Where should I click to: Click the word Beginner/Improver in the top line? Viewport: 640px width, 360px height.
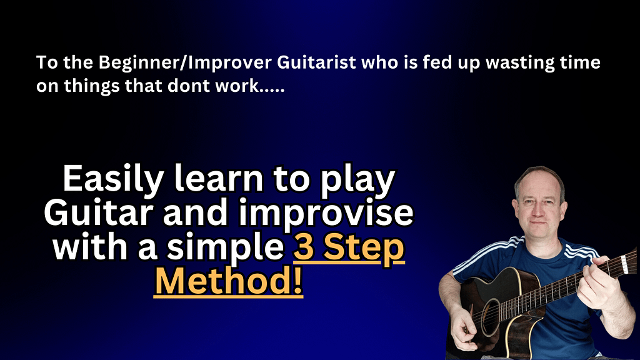[x=185, y=63]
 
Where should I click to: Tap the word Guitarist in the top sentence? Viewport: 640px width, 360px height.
[x=317, y=62]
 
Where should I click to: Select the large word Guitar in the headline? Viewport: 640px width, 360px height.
[x=99, y=212]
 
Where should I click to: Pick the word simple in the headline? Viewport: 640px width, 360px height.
[x=225, y=247]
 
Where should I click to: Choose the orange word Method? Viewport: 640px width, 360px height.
[x=229, y=281]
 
